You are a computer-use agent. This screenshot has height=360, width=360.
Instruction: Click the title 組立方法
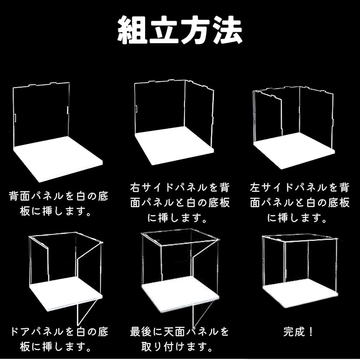click(180, 30)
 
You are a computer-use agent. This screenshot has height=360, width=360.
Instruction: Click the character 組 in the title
click(132, 30)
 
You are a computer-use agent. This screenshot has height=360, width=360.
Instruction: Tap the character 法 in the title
click(227, 30)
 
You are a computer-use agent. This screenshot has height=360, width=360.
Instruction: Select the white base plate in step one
click(58, 159)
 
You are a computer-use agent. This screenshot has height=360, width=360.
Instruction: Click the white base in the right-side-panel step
click(174, 145)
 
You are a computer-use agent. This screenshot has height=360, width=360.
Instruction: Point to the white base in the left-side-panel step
click(294, 151)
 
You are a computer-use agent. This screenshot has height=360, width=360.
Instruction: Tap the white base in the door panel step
click(65, 294)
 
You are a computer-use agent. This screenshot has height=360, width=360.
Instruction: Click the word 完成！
click(298, 332)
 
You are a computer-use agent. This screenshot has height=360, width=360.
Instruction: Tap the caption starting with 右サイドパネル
click(180, 202)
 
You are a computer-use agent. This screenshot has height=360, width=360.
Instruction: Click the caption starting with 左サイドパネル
click(300, 202)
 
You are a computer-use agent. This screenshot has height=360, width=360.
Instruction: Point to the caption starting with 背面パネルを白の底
click(58, 203)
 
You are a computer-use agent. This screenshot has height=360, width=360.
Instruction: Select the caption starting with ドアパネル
click(59, 339)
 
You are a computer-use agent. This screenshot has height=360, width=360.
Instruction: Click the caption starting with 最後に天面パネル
click(179, 339)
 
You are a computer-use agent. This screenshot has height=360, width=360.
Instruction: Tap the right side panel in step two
click(199, 114)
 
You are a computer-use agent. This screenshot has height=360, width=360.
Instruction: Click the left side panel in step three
click(268, 116)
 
